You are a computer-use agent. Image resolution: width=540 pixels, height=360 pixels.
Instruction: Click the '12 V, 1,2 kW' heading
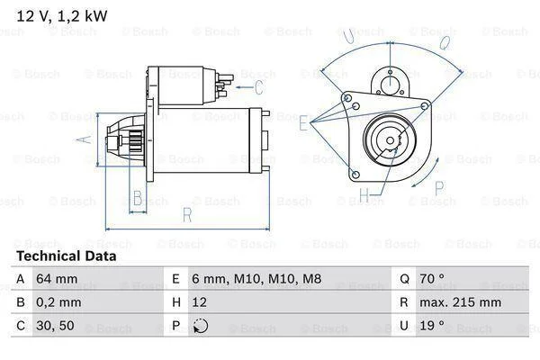(x=62, y=16)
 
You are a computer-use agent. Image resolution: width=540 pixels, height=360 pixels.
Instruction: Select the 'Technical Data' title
(x=67, y=256)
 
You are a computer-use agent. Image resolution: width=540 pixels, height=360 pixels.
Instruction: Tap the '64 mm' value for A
(x=57, y=278)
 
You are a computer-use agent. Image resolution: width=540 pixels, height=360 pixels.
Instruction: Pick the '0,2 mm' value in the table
(x=58, y=302)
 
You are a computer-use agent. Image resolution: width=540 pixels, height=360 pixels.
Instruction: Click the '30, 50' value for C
(x=55, y=326)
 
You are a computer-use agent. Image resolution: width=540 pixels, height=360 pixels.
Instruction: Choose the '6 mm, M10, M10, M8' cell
(x=256, y=279)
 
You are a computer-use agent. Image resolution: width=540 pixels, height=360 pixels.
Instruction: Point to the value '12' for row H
(x=200, y=302)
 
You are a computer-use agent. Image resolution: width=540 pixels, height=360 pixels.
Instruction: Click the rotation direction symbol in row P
(x=201, y=326)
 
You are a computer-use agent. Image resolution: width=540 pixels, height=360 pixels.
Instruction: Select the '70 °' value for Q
(x=432, y=278)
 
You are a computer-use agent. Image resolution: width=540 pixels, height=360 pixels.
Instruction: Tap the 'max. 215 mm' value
(x=461, y=302)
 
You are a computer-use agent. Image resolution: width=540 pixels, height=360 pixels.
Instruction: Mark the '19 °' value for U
(x=432, y=326)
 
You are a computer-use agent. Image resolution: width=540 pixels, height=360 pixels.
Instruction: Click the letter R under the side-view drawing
(x=187, y=214)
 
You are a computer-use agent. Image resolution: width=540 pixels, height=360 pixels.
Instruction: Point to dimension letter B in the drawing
(x=138, y=198)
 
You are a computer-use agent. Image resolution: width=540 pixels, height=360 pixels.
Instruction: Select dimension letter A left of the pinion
(x=84, y=139)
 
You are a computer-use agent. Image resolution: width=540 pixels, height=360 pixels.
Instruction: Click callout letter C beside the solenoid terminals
(x=259, y=86)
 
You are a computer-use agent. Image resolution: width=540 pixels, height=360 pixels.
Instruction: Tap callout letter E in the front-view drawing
(x=304, y=123)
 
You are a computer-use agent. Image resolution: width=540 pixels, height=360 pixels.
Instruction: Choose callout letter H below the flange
(x=364, y=195)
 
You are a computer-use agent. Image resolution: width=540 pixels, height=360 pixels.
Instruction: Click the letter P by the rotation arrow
(x=439, y=188)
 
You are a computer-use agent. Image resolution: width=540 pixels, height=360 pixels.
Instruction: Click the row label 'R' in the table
(x=403, y=302)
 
